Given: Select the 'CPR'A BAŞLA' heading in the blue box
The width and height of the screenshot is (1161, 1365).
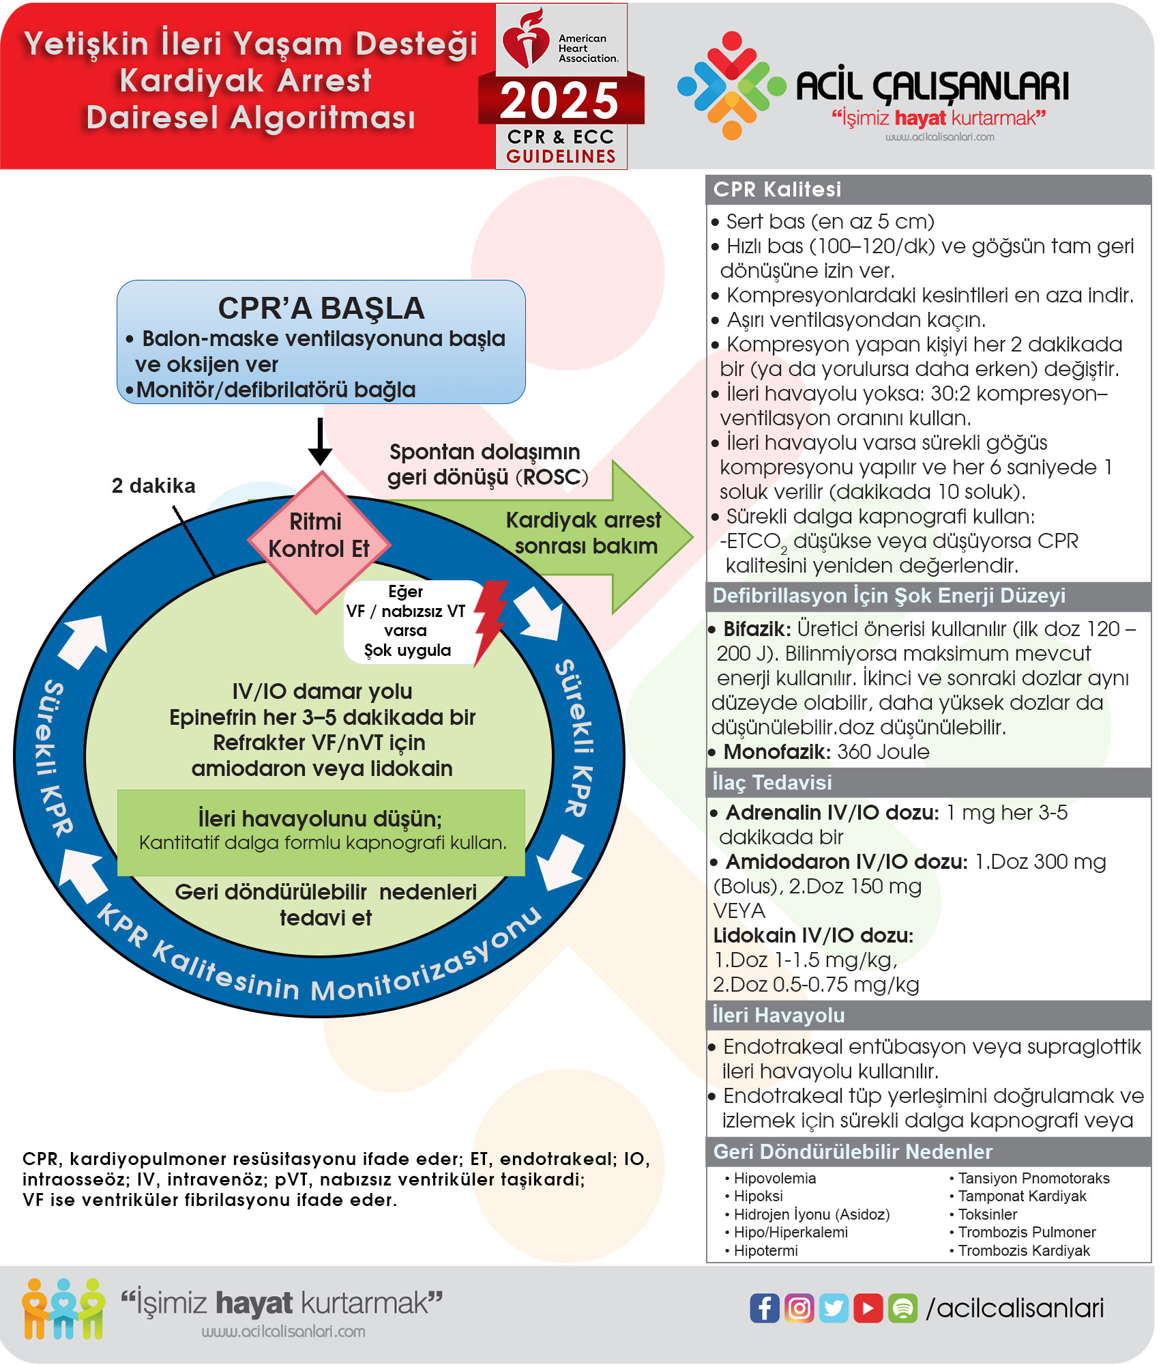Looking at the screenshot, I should pyautogui.click(x=321, y=308).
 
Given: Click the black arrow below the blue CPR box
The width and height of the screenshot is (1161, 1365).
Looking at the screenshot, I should pyautogui.click(x=320, y=442).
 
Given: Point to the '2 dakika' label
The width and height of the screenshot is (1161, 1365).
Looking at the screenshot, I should pyautogui.click(x=153, y=486).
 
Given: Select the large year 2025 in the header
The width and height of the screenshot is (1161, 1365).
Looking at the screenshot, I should pyautogui.click(x=559, y=101).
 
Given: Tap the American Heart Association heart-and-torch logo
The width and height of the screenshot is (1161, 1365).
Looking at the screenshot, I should pyautogui.click(x=525, y=39).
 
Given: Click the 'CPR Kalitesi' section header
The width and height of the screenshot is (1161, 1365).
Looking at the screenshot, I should pyautogui.click(x=777, y=190).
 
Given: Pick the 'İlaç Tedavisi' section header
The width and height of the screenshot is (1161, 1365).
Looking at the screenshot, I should pyautogui.click(x=771, y=783).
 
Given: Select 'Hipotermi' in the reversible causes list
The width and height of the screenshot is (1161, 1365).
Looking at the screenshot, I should pyautogui.click(x=765, y=1250).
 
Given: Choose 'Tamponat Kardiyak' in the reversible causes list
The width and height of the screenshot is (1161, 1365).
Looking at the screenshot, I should pyautogui.click(x=1022, y=1196).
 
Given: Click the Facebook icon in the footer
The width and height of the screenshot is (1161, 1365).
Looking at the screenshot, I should pyautogui.click(x=765, y=1308).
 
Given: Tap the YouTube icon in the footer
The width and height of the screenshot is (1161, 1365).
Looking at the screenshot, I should pyautogui.click(x=868, y=1308).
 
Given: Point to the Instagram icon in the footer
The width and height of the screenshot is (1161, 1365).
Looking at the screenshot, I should pyautogui.click(x=799, y=1308).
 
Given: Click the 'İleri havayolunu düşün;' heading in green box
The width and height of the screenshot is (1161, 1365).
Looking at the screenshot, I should pyautogui.click(x=320, y=818).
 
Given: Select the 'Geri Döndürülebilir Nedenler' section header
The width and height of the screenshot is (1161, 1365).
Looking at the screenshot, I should pyautogui.click(x=853, y=1152).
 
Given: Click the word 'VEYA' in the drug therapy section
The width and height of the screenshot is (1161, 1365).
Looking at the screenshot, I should pyautogui.click(x=739, y=911).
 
